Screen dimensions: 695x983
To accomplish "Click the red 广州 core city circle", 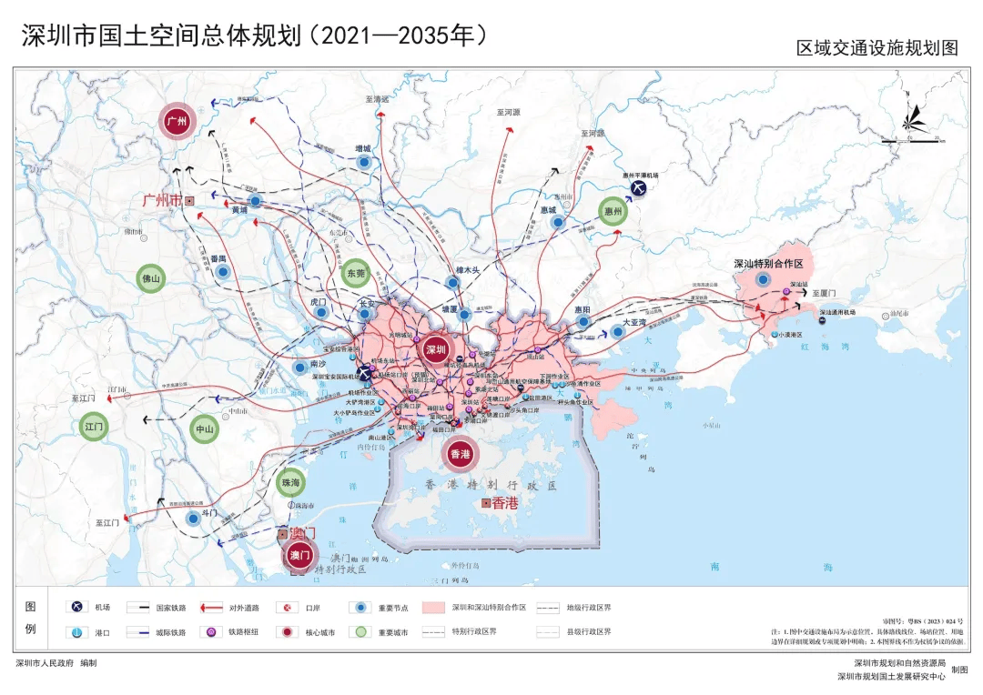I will coord(178,122).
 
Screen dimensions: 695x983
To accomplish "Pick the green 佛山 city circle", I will coord(151,279).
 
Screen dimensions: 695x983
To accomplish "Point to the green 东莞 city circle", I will coord(356,272).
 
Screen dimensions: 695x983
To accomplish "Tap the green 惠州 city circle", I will coord(613,211).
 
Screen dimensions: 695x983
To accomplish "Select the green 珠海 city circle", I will coord(290,482).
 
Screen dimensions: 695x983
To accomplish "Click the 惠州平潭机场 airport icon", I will coord(639,188).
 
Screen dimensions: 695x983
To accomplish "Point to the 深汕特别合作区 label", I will coord(768,263).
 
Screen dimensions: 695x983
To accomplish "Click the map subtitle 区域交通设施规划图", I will coord(877,48).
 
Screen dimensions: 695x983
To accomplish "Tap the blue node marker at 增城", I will coord(364,163).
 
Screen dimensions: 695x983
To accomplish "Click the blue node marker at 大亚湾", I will coord(618,332).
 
